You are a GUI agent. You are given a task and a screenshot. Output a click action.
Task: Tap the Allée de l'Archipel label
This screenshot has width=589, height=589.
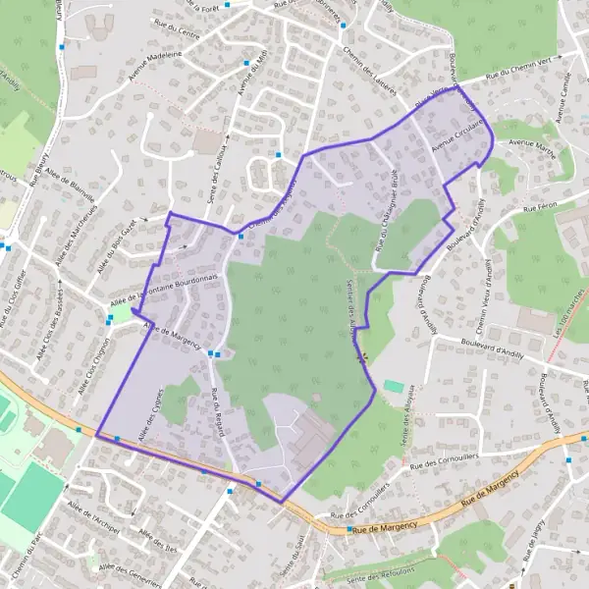(x=93, y=516)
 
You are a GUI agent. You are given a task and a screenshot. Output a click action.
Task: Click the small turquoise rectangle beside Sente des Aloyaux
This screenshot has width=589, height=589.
(x=393, y=386)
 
